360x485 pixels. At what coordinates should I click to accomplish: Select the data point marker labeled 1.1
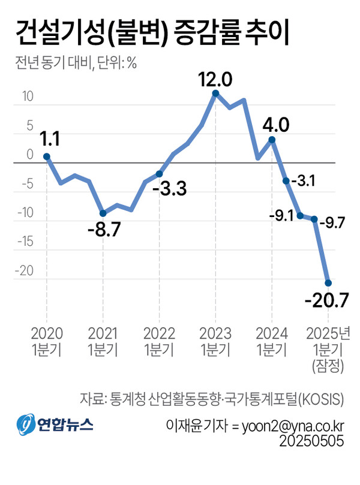click(x=47, y=156)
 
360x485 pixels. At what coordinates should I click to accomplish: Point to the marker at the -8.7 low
click(x=103, y=213)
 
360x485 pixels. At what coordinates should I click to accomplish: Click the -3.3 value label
click(x=170, y=190)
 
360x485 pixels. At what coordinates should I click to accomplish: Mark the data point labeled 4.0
click(x=272, y=140)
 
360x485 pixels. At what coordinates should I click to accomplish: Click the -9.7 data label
click(x=334, y=223)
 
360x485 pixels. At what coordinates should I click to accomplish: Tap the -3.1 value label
click(x=304, y=180)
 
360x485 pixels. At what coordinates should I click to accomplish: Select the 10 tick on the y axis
click(x=28, y=97)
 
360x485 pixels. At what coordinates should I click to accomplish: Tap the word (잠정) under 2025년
click(x=326, y=366)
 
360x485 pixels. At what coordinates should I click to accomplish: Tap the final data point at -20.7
click(x=328, y=283)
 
